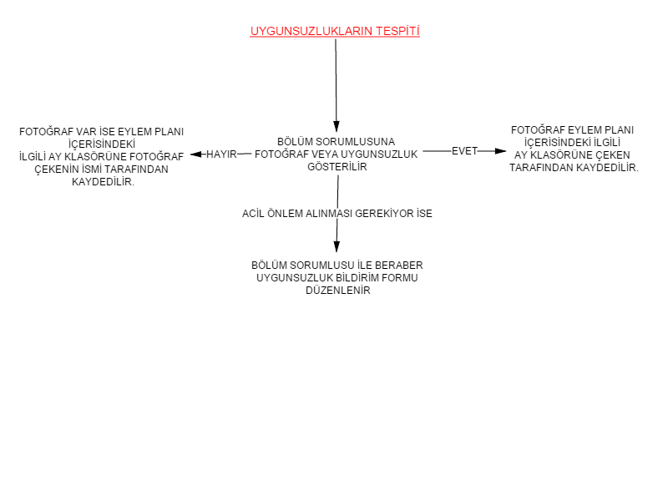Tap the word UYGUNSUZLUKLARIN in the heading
pos(311,31)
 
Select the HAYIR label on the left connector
pos(221,154)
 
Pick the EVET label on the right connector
pos(464,151)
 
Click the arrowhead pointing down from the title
pos(337,127)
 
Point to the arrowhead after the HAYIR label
pos(196,154)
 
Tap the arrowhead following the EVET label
pos(500,151)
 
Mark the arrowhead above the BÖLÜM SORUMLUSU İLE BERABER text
pos(337,246)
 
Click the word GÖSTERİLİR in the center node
pos(337,166)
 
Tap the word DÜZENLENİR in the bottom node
pos(338,291)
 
